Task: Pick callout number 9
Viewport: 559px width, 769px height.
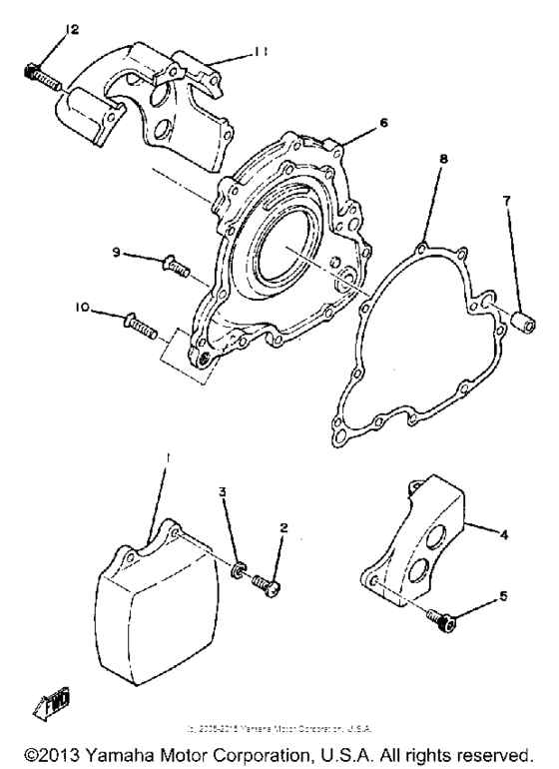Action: point(117,253)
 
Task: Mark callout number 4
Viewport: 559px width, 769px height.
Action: point(505,535)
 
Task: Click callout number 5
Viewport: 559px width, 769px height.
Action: point(503,596)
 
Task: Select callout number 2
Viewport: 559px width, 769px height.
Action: point(283,526)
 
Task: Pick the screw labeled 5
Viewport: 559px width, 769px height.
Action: point(439,622)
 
